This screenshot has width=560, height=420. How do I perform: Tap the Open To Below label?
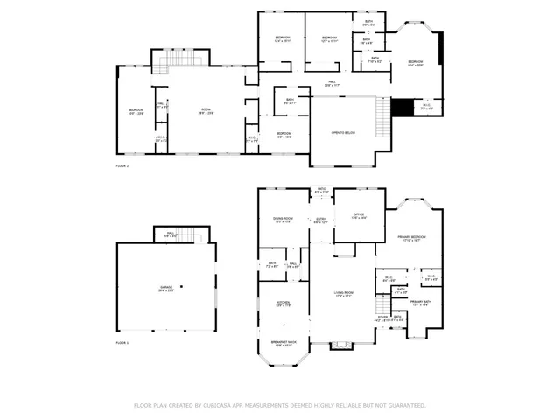coord(342,133)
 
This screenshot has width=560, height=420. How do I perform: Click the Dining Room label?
coord(283,220)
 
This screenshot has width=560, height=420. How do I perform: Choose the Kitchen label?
coord(283,304)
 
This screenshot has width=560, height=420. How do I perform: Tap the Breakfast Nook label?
coord(283,344)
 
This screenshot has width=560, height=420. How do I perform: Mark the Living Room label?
coord(342,295)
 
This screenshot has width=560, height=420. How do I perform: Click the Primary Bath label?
coord(423,304)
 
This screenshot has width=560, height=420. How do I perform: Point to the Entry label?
coord(321,220)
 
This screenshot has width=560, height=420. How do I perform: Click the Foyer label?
coord(382,318)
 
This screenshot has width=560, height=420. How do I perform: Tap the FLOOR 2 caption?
coord(122,164)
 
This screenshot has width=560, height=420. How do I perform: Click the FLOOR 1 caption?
coord(122,343)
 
